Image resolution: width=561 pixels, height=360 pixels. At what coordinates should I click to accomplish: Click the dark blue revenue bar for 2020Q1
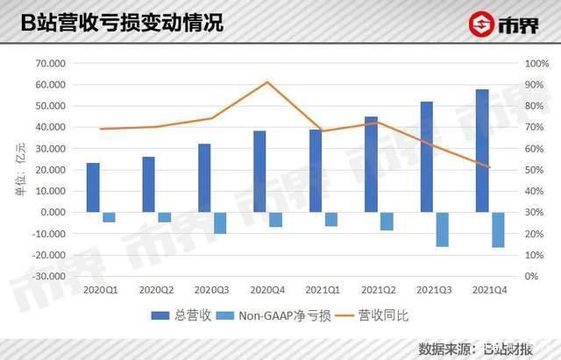[x=93, y=187]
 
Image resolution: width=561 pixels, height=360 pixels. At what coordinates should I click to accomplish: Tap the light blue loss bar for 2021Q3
[x=443, y=229]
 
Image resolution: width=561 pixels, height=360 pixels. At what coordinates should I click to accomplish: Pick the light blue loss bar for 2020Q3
[x=220, y=222]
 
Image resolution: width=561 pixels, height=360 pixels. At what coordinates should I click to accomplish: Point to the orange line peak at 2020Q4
[x=267, y=81]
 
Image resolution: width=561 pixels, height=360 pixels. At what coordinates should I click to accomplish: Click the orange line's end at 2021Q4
[x=490, y=167]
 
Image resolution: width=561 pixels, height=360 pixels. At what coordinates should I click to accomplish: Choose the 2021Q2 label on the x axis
[x=378, y=288]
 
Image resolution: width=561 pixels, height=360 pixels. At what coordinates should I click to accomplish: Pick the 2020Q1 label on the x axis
[x=100, y=288]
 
